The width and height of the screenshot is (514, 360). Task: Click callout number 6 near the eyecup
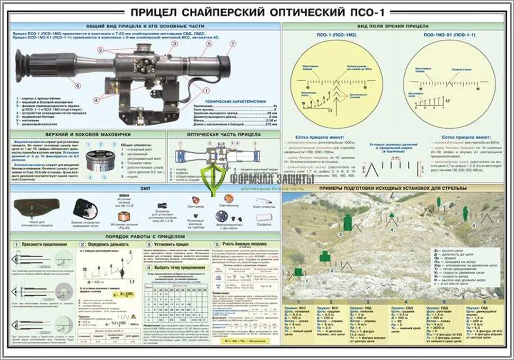coord(78,85)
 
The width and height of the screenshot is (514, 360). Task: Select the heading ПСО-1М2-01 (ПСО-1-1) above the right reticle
coord(450,34)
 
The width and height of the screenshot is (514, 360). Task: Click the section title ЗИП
coord(141,189)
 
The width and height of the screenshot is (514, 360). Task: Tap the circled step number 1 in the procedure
coord(16,244)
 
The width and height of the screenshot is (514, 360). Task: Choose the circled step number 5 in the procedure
coord(216,244)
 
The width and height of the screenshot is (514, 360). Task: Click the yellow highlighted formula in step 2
coord(125,293)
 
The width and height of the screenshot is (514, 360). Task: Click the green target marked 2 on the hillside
coord(324,257)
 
